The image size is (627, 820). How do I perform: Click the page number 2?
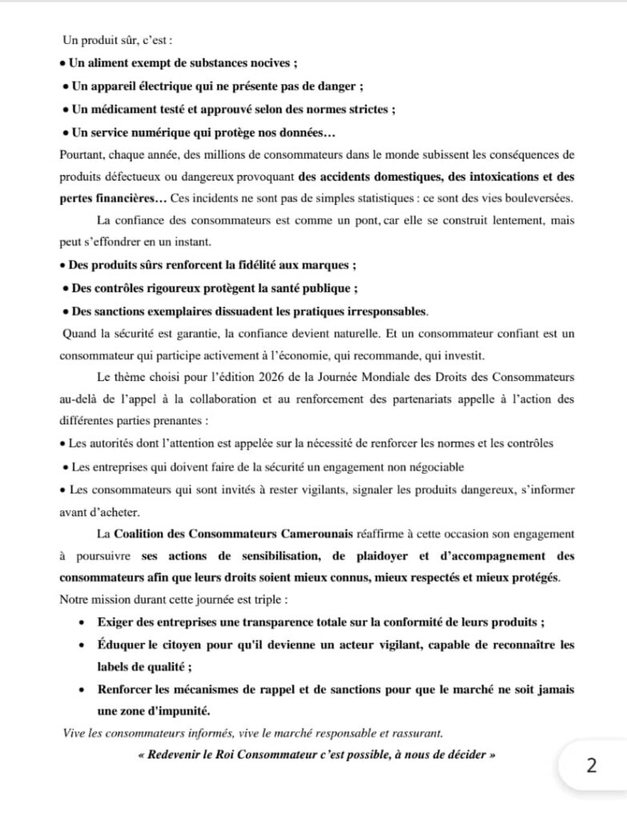coord(592,766)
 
